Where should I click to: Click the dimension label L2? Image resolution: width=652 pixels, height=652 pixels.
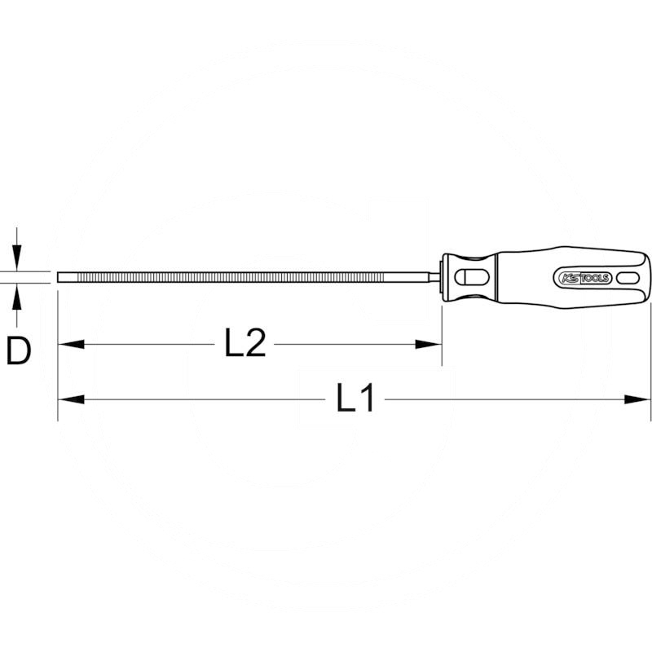click(x=244, y=345)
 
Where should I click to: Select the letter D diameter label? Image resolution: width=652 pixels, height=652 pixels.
click(x=18, y=351)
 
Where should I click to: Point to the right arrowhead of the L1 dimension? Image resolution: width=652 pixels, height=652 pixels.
click(x=639, y=399)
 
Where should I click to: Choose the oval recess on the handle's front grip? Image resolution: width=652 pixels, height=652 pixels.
click(x=471, y=277)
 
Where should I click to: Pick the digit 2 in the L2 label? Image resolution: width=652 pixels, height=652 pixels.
click(x=255, y=345)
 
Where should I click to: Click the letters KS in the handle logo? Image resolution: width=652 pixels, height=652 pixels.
click(x=568, y=278)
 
